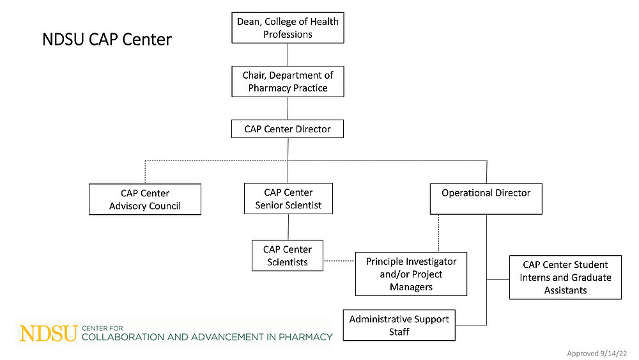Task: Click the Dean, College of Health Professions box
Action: (x=288, y=27)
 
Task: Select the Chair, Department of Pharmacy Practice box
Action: (x=288, y=82)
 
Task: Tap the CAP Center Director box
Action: (x=288, y=129)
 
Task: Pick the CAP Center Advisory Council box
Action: (x=145, y=200)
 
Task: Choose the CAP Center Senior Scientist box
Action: (x=288, y=199)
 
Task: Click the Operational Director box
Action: (x=486, y=199)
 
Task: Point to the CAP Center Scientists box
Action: (x=288, y=255)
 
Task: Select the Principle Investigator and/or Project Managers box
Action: (x=411, y=274)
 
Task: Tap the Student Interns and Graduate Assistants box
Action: (x=565, y=277)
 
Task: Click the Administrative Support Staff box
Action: (x=399, y=325)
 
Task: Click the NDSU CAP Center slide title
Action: (x=107, y=40)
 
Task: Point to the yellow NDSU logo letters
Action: (x=49, y=333)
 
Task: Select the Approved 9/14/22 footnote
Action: (x=597, y=353)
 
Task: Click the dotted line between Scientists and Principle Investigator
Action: (x=339, y=261)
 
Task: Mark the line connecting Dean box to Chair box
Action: (x=288, y=54)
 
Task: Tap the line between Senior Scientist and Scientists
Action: (x=288, y=227)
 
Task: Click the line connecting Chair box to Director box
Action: (x=288, y=108)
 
